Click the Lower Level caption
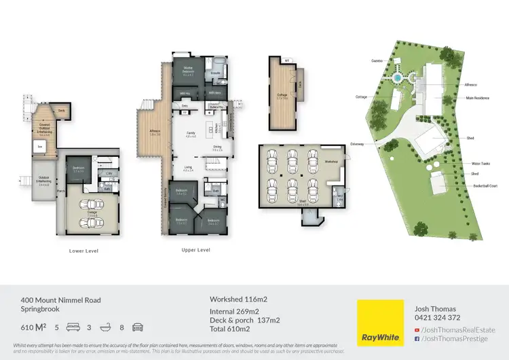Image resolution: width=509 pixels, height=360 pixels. pyautogui.click(x=84, y=250)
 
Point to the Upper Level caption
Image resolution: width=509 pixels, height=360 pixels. pyautogui.click(x=195, y=250)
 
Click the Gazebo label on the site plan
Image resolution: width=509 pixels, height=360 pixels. pyautogui.click(x=377, y=60)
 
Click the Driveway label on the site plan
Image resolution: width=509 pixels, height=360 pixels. pyautogui.click(x=357, y=144)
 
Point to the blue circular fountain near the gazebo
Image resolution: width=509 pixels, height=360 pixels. pyautogui.click(x=397, y=78)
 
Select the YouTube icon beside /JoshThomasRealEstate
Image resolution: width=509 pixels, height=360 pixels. pyautogui.click(x=417, y=329)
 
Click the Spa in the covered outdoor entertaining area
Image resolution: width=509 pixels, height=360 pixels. pyautogui.click(x=40, y=146)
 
